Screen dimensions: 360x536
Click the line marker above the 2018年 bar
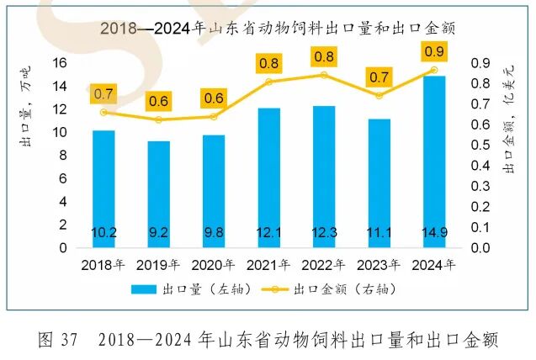(x=103, y=112)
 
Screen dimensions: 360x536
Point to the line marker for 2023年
(x=379, y=95)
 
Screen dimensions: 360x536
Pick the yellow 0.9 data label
(x=435, y=53)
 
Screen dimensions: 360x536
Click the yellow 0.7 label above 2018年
(x=103, y=93)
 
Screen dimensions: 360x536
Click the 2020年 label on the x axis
(x=214, y=264)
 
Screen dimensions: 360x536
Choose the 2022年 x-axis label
(x=324, y=264)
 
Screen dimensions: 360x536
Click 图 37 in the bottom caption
(x=58, y=340)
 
